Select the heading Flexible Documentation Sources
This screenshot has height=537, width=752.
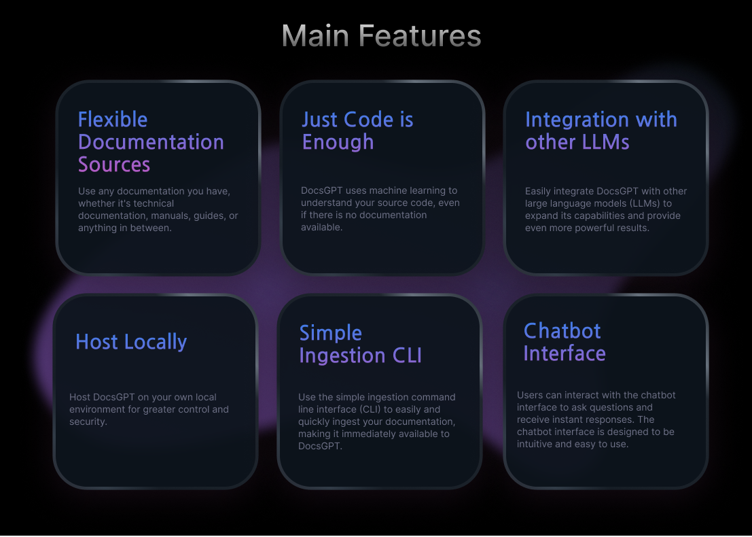[151, 142]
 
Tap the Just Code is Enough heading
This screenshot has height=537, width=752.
[357, 131]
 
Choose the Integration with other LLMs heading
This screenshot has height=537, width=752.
[601, 131]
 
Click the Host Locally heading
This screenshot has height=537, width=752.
[131, 342]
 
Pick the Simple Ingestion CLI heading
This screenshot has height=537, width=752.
[360, 344]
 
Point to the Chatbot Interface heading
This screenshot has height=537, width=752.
[564, 342]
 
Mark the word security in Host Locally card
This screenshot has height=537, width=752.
[88, 422]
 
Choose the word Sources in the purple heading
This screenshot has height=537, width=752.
[114, 164]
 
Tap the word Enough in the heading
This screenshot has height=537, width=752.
[338, 142]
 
